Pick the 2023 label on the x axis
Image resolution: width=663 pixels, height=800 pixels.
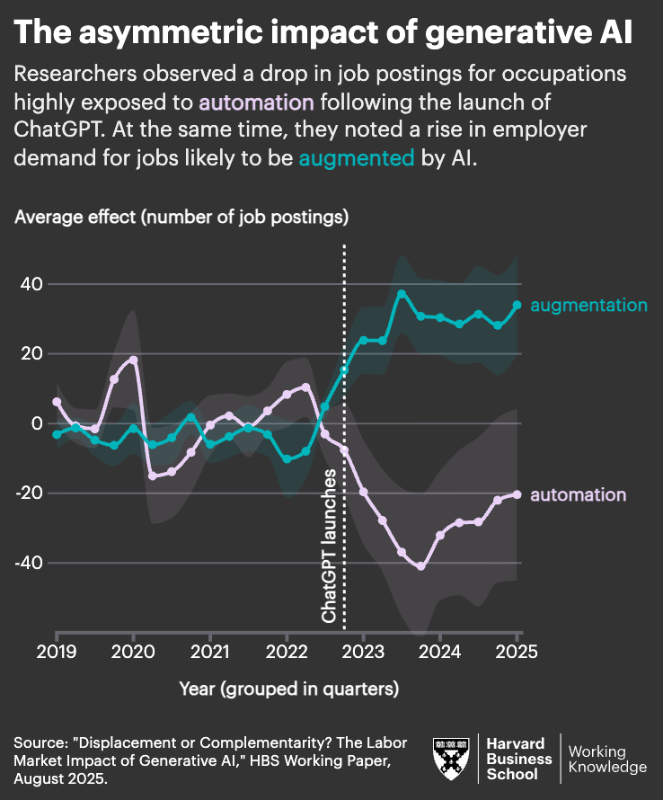tap(363, 651)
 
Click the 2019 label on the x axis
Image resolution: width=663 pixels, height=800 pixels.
tap(57, 651)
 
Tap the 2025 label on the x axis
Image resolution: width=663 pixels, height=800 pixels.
tap(517, 651)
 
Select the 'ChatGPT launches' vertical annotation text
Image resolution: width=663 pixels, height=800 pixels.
tap(330, 546)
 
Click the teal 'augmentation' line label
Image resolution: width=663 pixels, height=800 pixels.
tap(588, 306)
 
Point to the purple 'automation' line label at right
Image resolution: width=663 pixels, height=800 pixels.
tap(578, 494)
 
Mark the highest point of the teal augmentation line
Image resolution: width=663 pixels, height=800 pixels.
tap(402, 294)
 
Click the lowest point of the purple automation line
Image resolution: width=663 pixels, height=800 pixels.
tap(420, 566)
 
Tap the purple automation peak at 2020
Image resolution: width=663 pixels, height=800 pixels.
tap(133, 360)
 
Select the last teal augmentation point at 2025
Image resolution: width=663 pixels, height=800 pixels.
tap(517, 305)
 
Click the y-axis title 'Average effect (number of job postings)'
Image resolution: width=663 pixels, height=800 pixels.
tap(181, 217)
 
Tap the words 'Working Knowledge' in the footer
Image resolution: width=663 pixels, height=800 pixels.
tap(607, 759)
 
